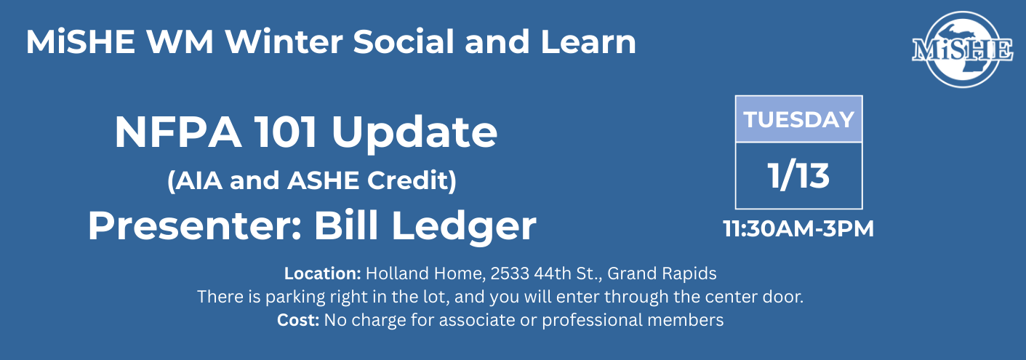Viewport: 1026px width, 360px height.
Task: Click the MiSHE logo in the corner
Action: coord(963,49)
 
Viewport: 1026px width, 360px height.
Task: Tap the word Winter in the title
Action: coord(284,41)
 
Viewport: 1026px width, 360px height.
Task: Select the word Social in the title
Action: coord(404,41)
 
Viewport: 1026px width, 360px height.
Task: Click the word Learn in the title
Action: coord(588,41)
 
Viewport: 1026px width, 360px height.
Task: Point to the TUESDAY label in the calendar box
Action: coord(799,119)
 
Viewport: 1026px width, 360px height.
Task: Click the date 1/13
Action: coord(799,176)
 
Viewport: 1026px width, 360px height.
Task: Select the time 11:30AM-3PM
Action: coord(799,228)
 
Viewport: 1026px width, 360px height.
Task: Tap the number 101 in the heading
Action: coord(286,132)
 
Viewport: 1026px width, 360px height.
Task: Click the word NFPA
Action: coord(179,132)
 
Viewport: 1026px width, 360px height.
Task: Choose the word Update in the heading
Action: coord(414,134)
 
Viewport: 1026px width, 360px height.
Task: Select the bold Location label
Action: coord(323,273)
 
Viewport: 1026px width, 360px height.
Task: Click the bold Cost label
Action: coord(298,320)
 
